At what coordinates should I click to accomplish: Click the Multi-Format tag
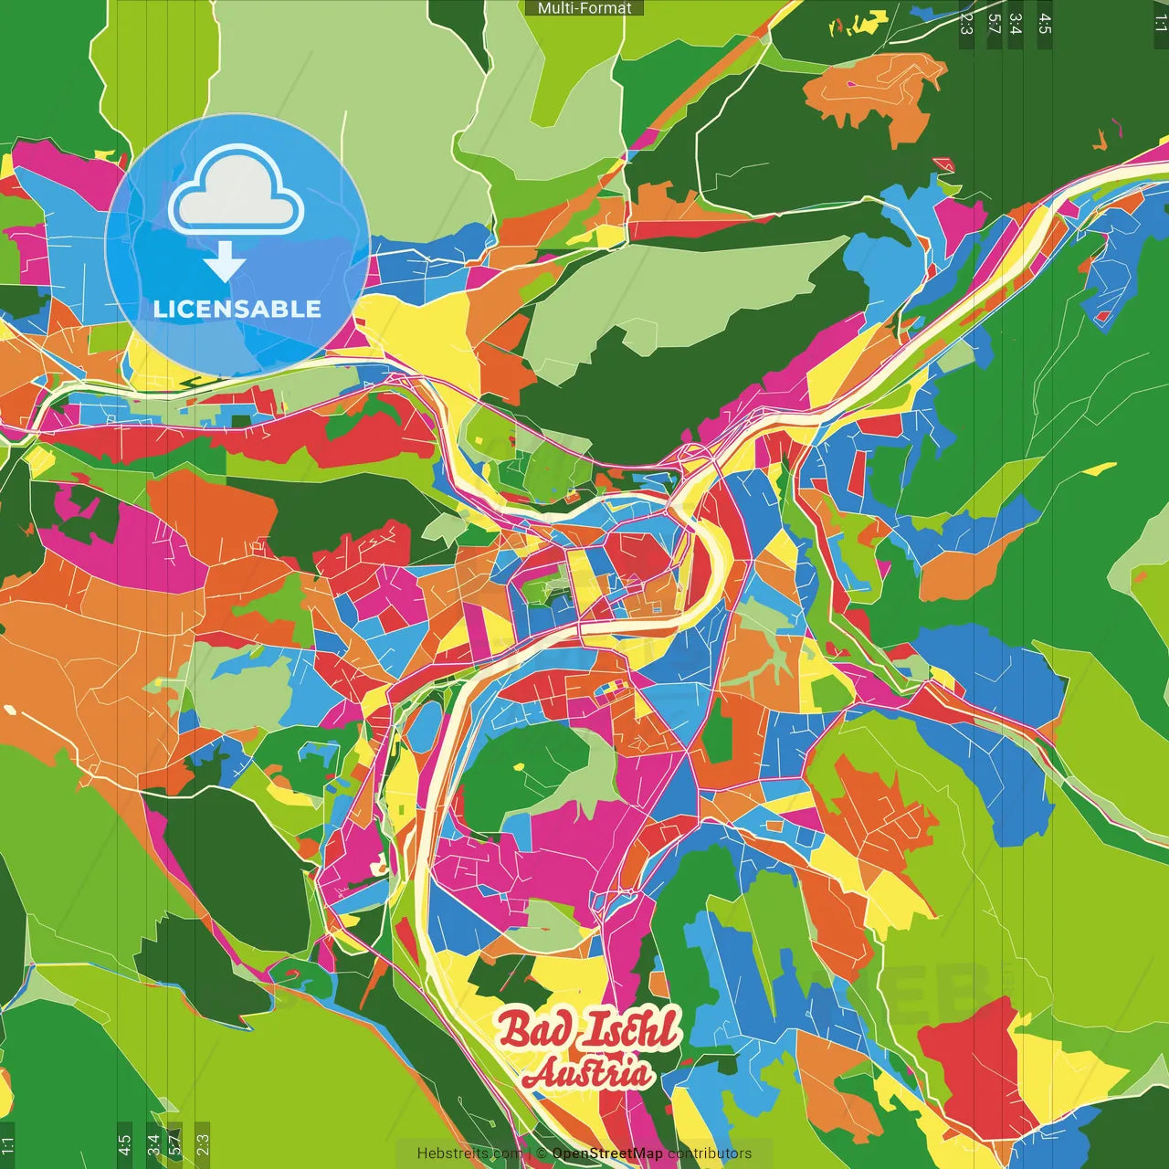584,8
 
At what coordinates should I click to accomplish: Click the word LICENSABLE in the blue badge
237,309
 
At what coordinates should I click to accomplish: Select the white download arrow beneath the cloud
225,263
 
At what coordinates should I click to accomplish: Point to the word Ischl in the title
630,1030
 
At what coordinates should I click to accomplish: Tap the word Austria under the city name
588,1072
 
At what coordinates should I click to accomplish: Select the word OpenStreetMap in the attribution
607,1153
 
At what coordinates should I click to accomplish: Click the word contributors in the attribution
710,1153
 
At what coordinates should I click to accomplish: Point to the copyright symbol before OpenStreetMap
542,1153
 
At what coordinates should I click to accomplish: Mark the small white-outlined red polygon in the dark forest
943,165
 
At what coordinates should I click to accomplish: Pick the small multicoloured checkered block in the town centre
610,688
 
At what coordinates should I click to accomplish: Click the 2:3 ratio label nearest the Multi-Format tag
966,24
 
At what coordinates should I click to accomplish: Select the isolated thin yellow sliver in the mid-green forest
1100,469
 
